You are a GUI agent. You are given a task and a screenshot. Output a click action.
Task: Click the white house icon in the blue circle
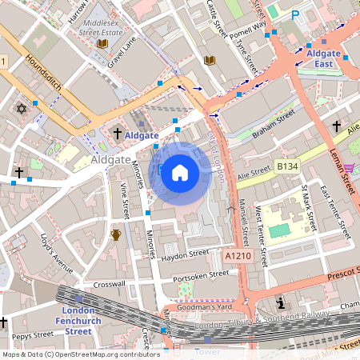pos(180,173)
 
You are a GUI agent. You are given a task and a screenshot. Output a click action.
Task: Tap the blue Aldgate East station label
pos(324,58)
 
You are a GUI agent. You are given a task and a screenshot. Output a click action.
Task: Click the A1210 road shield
pos(238,255)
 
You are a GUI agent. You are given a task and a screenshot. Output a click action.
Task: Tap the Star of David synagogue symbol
pos(22,108)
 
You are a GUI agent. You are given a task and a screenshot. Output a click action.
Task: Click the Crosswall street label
pos(110,284)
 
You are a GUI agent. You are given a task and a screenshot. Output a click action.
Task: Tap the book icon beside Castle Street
pos(210,61)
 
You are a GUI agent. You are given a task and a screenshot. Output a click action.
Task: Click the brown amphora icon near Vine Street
pos(116,234)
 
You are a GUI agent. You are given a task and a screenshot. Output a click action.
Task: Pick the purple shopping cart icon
pos(348,168)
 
